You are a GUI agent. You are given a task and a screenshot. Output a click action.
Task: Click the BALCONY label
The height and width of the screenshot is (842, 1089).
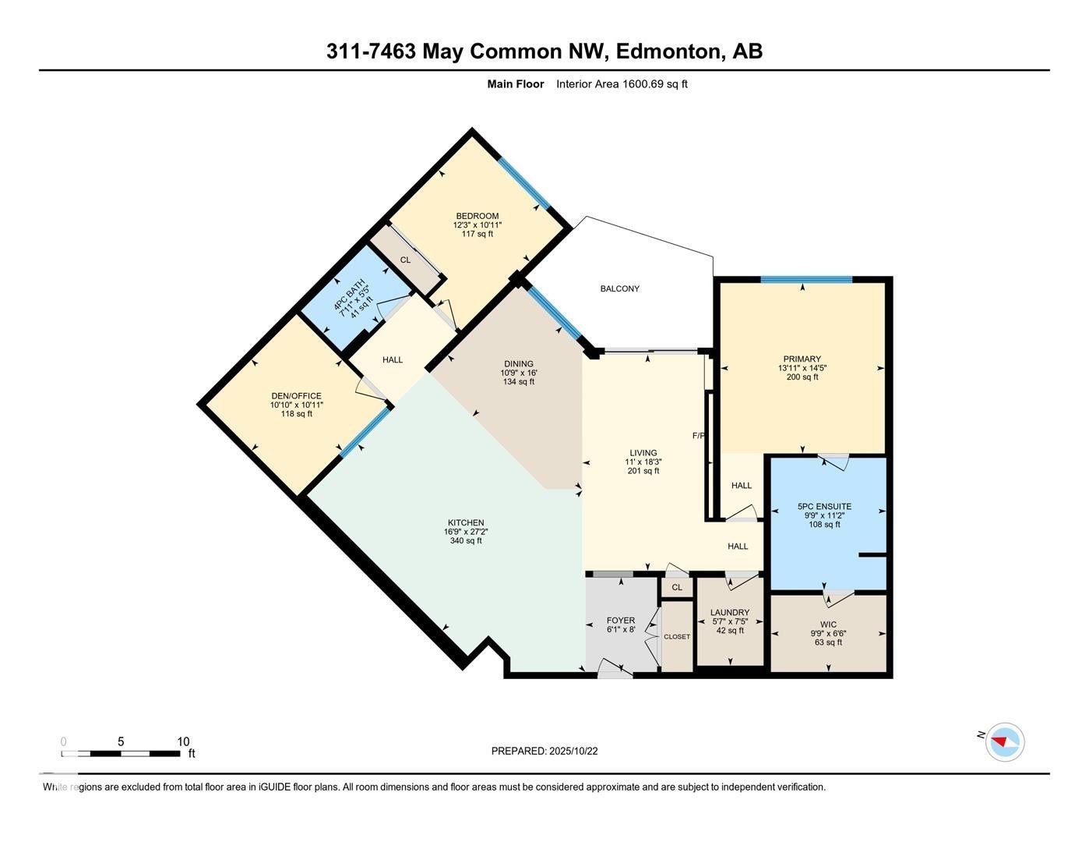[619, 289]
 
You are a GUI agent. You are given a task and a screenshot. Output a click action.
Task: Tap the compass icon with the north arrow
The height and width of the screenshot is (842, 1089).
[1004, 741]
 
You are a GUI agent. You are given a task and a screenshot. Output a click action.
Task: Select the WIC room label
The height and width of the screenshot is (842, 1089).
[828, 624]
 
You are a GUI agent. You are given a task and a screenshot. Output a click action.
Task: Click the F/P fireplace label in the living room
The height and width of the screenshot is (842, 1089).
[699, 436]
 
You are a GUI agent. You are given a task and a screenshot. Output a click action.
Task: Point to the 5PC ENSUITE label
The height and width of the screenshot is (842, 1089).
[824, 507]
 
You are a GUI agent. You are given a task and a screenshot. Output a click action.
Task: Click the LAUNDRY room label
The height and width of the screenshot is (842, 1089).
[730, 613]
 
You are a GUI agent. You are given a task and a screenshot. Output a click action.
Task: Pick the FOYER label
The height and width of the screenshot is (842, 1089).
[621, 621]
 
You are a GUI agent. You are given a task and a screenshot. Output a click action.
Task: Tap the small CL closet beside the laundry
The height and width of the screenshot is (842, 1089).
[676, 587]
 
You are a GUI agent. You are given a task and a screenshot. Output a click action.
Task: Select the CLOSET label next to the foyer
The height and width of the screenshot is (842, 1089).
[677, 637]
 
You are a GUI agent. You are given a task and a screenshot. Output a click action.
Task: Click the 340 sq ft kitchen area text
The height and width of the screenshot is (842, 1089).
[466, 541]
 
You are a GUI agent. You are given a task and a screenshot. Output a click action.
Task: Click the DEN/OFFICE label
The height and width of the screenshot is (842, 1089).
[296, 396]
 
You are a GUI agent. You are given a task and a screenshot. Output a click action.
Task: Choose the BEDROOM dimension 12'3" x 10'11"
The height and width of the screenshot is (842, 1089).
[478, 225]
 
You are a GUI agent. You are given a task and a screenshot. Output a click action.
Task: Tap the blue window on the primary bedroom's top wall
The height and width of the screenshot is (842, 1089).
[805, 279]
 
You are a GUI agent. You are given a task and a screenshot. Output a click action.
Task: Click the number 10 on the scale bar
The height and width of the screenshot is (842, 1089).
[183, 741]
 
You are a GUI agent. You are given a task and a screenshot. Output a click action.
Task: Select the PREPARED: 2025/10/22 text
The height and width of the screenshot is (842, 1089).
[544, 752]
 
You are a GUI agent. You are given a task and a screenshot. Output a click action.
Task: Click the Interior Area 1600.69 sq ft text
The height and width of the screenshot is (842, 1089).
[622, 84]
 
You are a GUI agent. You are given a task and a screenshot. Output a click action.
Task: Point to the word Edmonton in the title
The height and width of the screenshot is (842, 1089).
[669, 51]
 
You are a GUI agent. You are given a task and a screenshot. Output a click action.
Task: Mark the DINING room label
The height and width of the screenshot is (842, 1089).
[519, 364]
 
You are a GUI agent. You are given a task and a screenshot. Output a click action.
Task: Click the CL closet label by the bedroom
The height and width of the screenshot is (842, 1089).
[405, 260]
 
